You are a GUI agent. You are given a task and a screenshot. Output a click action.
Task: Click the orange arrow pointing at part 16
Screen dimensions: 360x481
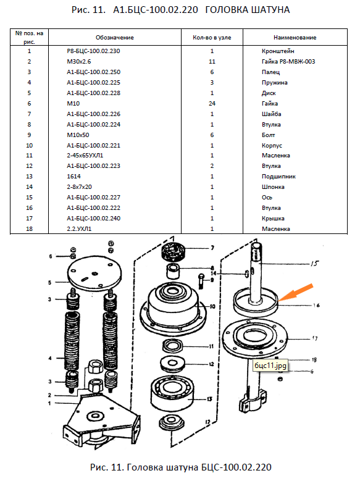point(296,292)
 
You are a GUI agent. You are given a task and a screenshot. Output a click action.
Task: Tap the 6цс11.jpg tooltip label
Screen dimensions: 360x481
point(270,366)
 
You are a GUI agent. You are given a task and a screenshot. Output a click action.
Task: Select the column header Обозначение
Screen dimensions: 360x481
point(115,38)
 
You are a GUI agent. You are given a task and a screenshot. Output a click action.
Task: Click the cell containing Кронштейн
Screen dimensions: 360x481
point(278,51)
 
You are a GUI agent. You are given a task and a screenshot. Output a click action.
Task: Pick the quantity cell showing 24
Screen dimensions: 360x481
point(212,103)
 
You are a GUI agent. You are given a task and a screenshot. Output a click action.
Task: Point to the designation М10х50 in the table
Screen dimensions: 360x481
point(78,135)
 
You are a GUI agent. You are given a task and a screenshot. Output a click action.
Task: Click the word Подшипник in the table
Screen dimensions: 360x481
point(278,177)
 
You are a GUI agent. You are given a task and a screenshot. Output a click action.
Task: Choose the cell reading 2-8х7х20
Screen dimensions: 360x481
point(79,187)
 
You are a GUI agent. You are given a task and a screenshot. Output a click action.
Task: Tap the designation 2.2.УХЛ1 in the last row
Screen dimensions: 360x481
point(79,229)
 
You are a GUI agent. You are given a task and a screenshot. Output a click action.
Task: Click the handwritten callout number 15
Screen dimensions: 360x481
point(314,263)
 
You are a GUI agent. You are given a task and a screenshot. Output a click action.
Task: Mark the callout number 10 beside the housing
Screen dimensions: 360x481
point(212,306)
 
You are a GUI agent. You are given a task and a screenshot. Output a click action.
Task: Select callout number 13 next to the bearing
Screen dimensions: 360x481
point(209,399)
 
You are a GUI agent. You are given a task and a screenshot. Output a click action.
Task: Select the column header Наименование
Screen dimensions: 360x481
point(295,38)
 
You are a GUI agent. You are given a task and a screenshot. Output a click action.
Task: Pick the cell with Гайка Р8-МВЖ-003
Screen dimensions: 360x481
point(288,61)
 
